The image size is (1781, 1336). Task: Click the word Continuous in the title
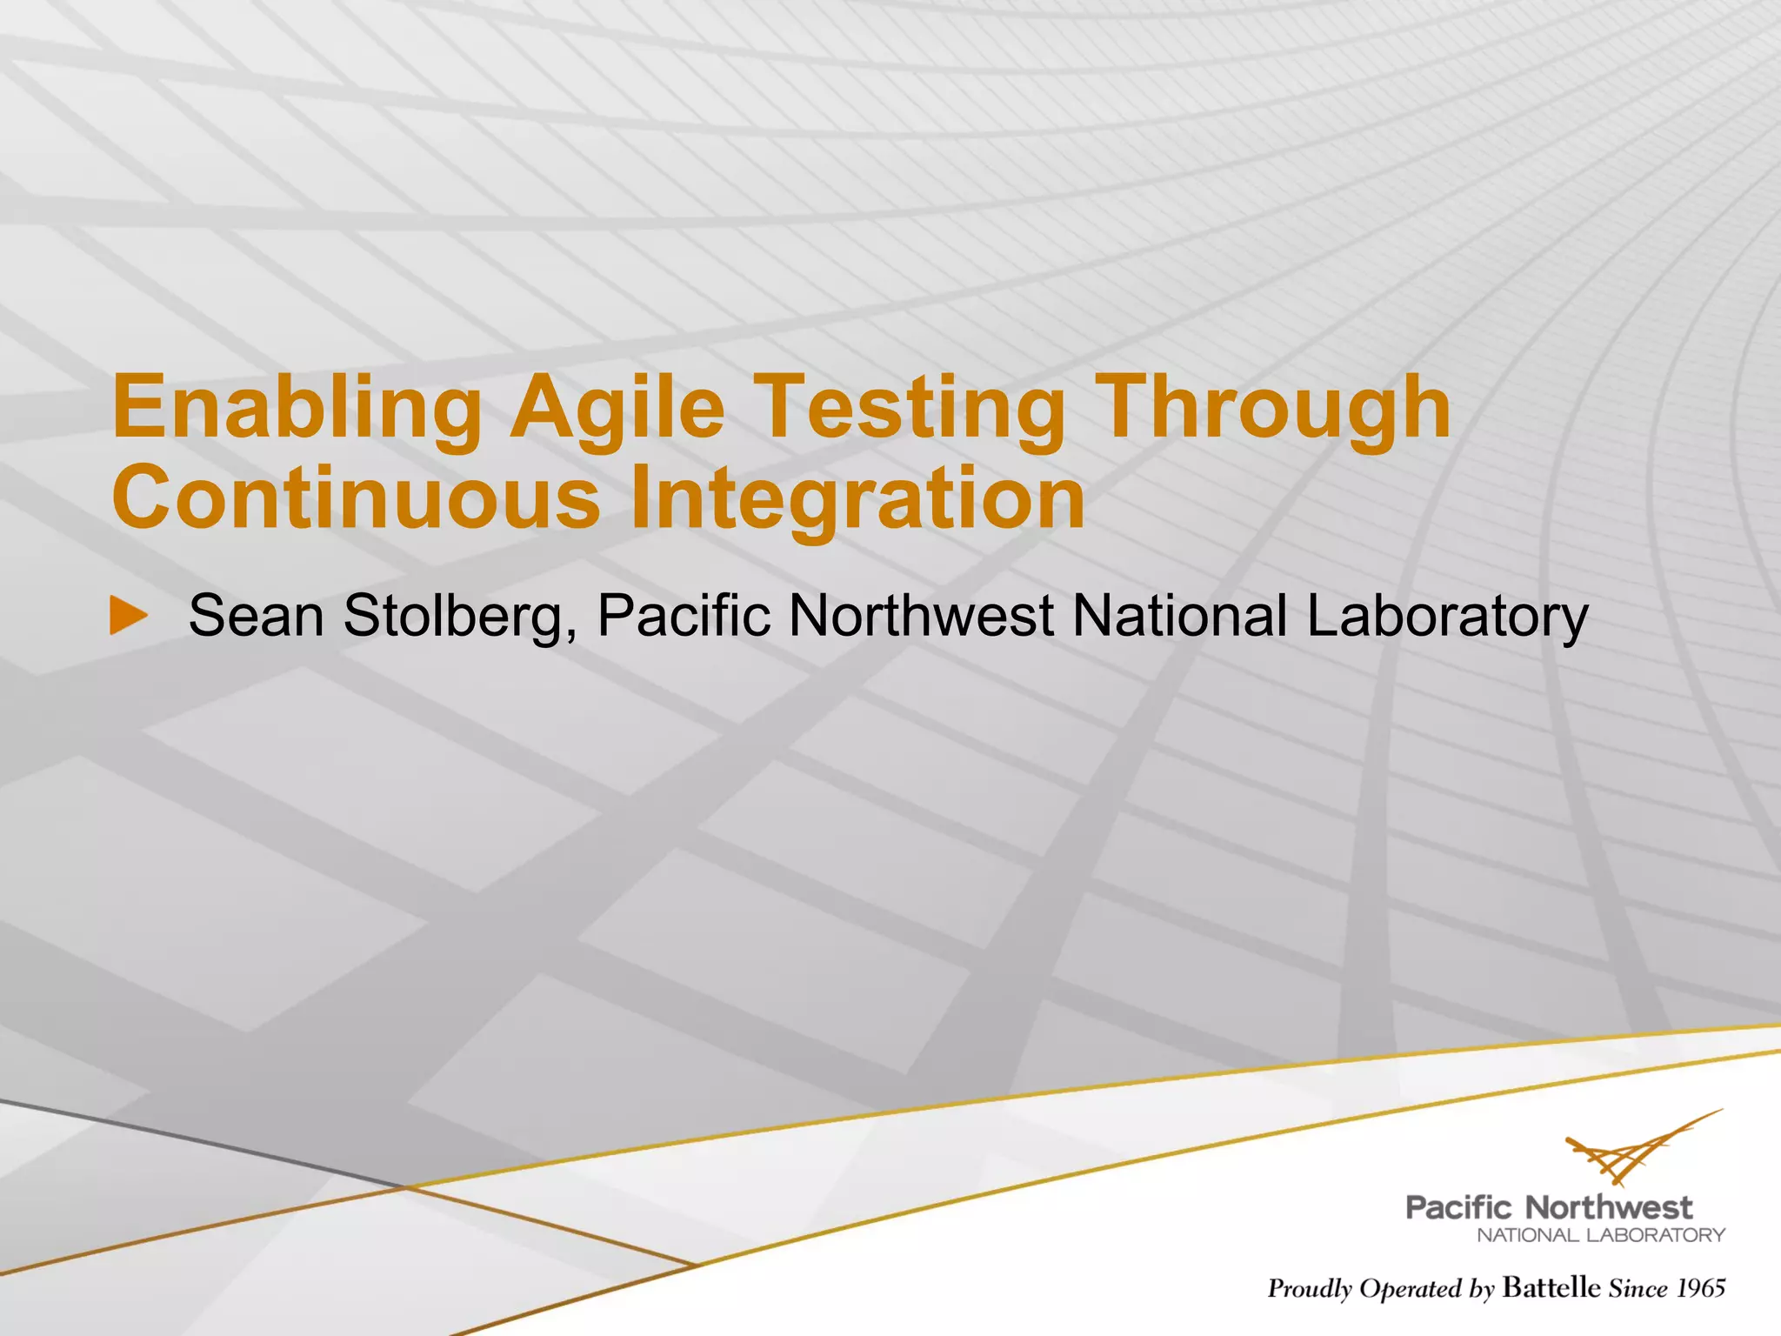356,498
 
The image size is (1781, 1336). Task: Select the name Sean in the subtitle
257,616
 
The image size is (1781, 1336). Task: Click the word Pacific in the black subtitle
684,616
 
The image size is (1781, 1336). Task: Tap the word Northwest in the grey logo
1609,1207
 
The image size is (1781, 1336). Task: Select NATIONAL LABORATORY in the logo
1601,1235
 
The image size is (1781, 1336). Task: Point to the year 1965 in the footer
1700,1288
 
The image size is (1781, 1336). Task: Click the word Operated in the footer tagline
1411,1289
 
